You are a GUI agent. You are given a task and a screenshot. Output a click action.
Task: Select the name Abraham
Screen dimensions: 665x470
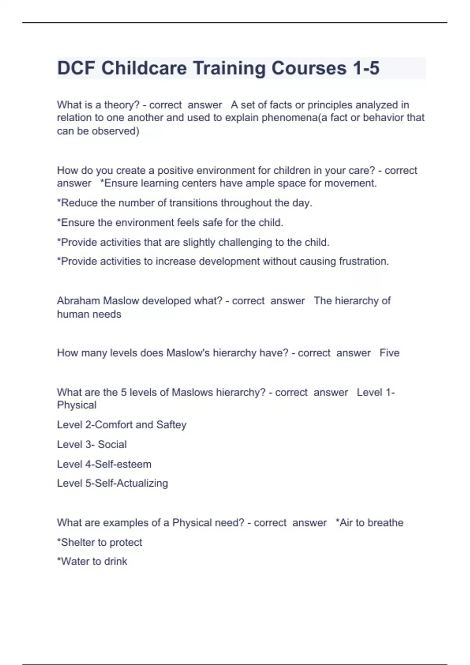pyautogui.click(x=78, y=301)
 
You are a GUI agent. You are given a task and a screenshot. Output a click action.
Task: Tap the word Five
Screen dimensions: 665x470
pyautogui.click(x=389, y=353)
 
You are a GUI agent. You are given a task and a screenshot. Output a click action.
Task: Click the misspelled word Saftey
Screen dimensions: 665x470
pyautogui.click(x=171, y=425)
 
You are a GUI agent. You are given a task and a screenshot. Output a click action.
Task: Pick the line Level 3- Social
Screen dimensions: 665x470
pyautogui.click(x=92, y=444)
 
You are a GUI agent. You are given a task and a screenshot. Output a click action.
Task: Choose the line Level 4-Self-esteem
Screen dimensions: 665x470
pyautogui.click(x=104, y=464)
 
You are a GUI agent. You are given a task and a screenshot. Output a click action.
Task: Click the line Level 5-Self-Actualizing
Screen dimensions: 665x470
pyautogui.click(x=112, y=483)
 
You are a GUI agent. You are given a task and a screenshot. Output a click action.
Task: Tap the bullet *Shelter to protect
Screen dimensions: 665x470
pyautogui.click(x=99, y=543)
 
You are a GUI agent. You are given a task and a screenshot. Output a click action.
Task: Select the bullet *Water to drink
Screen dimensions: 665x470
pyautogui.click(x=92, y=562)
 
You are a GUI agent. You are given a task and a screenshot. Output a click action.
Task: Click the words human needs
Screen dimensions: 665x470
pyautogui.click(x=89, y=314)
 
